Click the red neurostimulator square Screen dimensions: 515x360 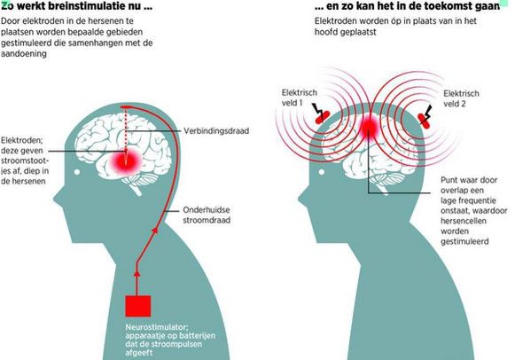click(138, 306)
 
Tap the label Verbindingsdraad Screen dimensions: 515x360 click(216, 131)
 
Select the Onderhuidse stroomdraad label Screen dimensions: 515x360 click(207, 215)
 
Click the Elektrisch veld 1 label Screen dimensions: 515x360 click(300, 98)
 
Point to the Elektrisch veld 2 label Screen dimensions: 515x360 click(461, 98)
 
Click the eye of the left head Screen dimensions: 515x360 click(77, 172)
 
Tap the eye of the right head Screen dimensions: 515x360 click(322, 172)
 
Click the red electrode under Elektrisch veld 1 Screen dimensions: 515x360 click(323, 117)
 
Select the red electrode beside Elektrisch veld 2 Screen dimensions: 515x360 click(424, 121)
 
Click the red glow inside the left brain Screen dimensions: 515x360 click(126, 160)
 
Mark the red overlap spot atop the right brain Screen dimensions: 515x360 click(371, 127)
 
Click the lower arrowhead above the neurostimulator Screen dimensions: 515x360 click(137, 272)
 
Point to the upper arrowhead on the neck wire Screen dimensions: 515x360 click(156, 230)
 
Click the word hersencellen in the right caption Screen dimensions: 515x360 click(463, 221)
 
